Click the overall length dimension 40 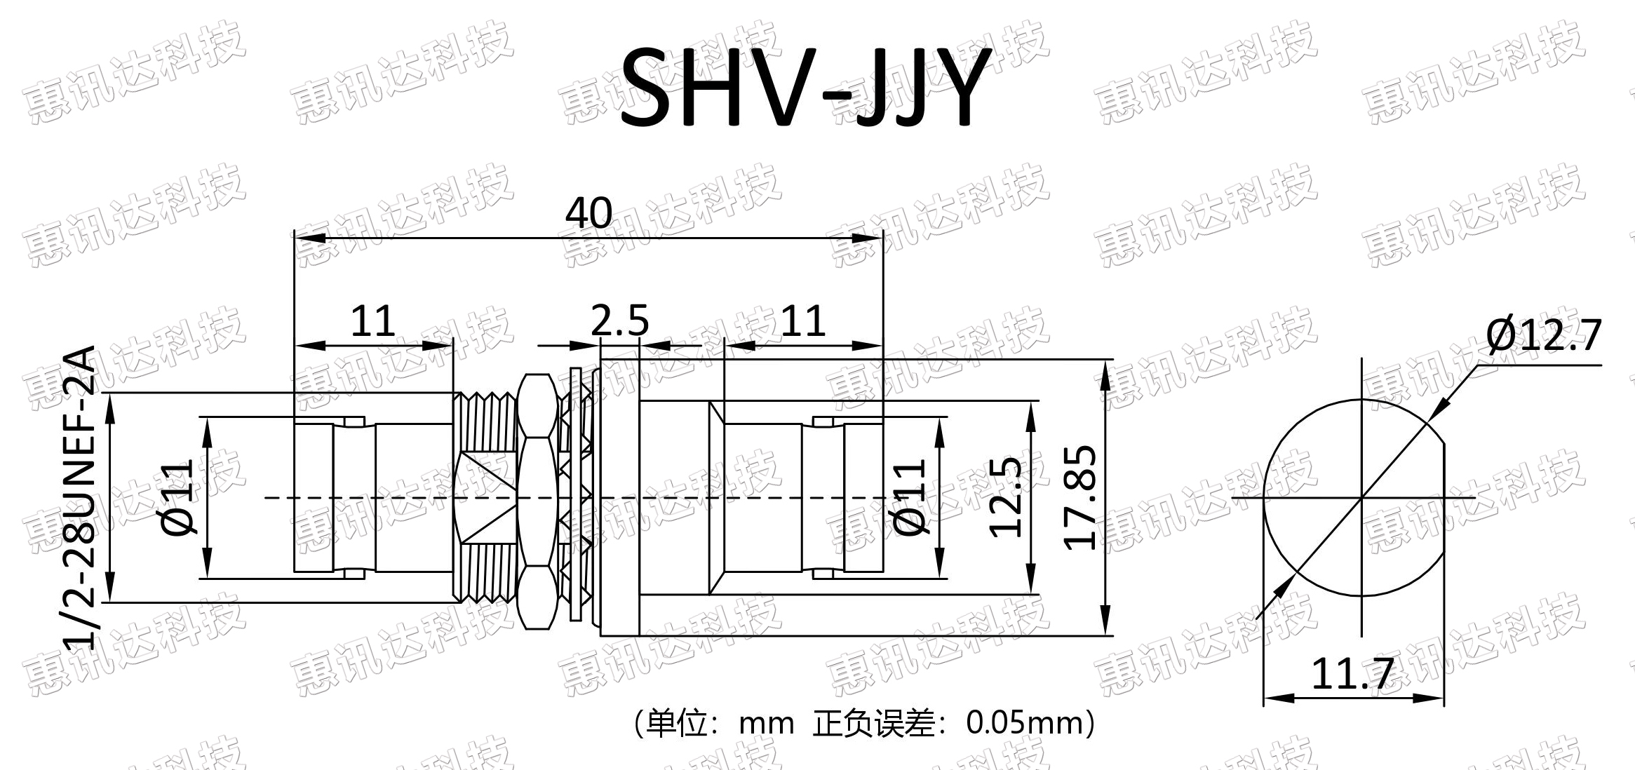[x=588, y=212]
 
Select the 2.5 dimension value [x=620, y=321]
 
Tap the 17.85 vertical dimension [x=1079, y=497]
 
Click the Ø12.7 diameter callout [x=1544, y=335]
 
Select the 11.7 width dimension [x=1351, y=674]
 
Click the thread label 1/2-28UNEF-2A [x=79, y=497]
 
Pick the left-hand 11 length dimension [x=372, y=321]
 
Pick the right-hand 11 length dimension [x=802, y=321]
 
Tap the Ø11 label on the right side [x=911, y=497]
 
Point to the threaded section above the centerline [x=486, y=421]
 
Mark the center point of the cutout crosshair [x=1361, y=498]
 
